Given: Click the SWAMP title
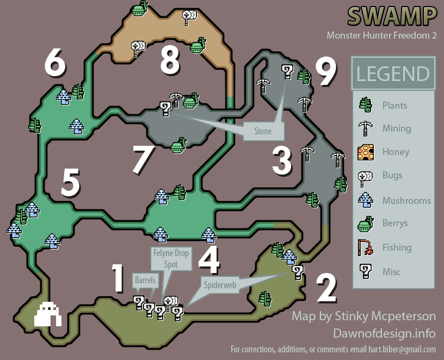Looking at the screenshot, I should (392, 16).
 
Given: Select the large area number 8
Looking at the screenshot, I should (170, 60).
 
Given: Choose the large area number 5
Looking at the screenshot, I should (71, 182).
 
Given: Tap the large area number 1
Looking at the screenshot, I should (118, 278).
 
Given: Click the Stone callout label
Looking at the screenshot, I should (263, 132).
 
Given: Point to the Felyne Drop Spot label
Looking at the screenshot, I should (171, 258).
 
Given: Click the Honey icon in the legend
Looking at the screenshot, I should (366, 152).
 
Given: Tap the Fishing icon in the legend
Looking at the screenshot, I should (366, 249).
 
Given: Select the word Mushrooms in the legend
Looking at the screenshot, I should (406, 201).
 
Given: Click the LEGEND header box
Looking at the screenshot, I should (393, 73).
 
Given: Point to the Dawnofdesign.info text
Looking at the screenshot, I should (384, 333).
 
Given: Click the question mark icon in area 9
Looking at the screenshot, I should (287, 70).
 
